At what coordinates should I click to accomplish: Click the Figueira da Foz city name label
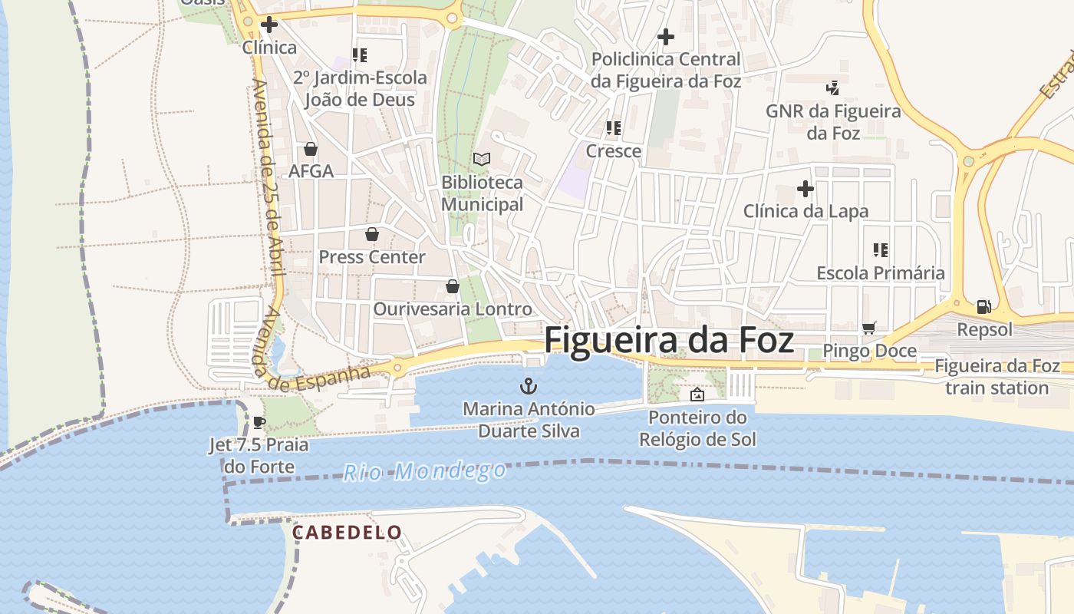click(669, 340)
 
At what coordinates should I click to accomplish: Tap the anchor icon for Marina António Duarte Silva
click(528, 385)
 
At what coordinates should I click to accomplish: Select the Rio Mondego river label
click(424, 470)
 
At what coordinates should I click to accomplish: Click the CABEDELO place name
click(347, 532)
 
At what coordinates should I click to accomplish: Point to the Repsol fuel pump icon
click(983, 307)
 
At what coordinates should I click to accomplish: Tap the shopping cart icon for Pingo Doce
click(869, 328)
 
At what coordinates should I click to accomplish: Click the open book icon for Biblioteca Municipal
click(482, 159)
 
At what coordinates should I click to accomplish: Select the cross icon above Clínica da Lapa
click(805, 188)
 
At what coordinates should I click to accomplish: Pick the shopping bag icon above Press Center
click(372, 234)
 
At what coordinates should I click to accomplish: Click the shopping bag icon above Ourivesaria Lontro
click(453, 286)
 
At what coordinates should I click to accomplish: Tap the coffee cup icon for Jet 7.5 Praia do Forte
click(259, 422)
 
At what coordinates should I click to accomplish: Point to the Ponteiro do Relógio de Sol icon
click(697, 394)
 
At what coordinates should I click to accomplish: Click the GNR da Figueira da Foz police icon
click(833, 88)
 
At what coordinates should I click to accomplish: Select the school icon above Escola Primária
click(881, 249)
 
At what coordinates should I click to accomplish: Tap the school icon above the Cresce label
click(614, 127)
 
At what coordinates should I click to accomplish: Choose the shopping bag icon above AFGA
click(311, 148)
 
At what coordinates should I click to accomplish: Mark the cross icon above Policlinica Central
click(666, 36)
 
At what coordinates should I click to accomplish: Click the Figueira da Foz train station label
click(997, 377)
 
